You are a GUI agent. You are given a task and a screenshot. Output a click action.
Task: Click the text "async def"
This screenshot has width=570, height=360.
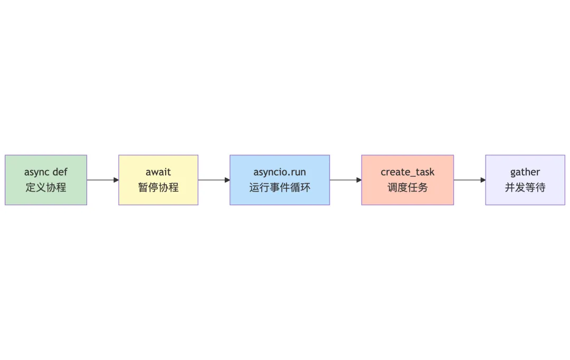coord(46,172)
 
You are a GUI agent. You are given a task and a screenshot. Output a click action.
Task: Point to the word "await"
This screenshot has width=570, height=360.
coord(158,172)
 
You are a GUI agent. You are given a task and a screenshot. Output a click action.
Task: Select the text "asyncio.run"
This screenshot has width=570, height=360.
coord(280,172)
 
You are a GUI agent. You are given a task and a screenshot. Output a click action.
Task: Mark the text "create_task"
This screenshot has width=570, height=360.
coord(407,173)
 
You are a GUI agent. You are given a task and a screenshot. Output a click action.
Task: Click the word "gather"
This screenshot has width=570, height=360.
coord(525,173)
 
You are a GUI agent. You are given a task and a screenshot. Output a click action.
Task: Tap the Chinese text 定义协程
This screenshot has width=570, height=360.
coord(46,187)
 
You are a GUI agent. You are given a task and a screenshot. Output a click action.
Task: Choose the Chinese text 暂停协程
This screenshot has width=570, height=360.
coord(158,187)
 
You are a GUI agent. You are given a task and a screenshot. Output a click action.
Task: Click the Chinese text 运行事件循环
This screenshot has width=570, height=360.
coord(280,187)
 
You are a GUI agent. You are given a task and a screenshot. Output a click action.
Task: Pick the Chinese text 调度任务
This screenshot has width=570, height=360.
coord(407,187)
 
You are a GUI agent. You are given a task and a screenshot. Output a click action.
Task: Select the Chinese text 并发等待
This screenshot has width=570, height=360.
coord(525,187)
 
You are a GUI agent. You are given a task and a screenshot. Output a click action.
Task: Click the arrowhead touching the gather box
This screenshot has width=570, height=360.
coord(482,180)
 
